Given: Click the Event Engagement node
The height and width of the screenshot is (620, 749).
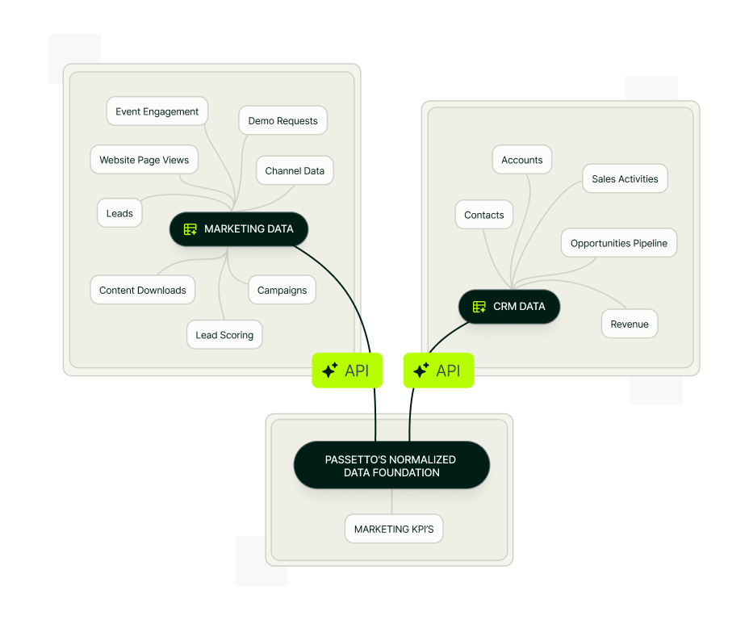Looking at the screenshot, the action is (x=157, y=111).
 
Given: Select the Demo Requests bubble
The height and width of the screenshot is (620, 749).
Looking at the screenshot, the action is (x=282, y=120).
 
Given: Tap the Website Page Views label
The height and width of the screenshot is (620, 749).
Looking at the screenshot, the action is (x=144, y=160).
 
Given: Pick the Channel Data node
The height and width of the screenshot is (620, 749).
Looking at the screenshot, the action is (x=295, y=170).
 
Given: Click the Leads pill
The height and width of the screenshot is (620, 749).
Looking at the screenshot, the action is (x=119, y=213).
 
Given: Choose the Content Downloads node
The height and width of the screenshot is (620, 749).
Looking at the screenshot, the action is (x=143, y=290).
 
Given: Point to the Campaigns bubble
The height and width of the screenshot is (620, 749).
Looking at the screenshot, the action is (x=282, y=290).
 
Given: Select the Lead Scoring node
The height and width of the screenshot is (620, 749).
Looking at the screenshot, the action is (x=224, y=335).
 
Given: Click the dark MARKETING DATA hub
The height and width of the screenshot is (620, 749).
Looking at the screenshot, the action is (x=239, y=228).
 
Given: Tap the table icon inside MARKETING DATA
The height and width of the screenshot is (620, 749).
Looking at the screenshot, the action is (x=190, y=229).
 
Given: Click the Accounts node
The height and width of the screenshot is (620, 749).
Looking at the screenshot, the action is (x=522, y=160).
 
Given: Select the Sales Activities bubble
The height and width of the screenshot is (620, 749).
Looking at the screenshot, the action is (x=625, y=178).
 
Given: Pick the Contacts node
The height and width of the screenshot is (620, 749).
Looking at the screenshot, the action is (x=484, y=215).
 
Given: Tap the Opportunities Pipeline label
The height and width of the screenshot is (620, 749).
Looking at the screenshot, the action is (x=619, y=243).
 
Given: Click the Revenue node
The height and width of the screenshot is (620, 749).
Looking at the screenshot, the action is (x=630, y=324).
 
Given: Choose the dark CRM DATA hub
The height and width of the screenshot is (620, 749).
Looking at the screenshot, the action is (x=509, y=306).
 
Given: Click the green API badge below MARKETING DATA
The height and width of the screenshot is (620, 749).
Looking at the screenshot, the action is (x=347, y=371).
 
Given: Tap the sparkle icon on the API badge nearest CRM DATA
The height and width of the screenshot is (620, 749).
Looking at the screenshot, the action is (x=421, y=371).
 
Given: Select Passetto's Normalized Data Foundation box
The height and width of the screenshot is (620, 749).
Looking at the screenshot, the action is (x=391, y=465).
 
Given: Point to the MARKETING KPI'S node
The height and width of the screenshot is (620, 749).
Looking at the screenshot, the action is (x=394, y=529).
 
